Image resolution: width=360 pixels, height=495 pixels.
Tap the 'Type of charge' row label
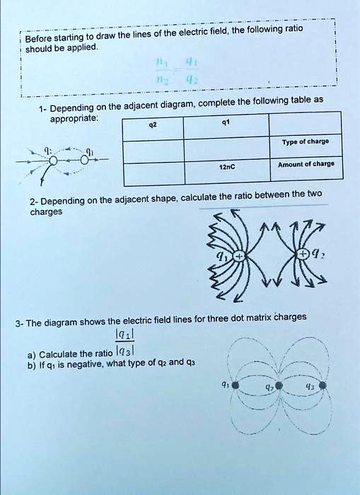point(305,141)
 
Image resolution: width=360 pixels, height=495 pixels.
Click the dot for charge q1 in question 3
point(235,386)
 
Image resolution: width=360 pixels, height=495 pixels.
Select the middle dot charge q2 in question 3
point(279,386)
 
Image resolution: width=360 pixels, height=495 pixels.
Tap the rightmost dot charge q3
point(323,386)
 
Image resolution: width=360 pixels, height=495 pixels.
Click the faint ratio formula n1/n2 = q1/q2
point(170,71)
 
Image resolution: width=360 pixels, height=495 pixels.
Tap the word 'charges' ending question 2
point(46,211)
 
